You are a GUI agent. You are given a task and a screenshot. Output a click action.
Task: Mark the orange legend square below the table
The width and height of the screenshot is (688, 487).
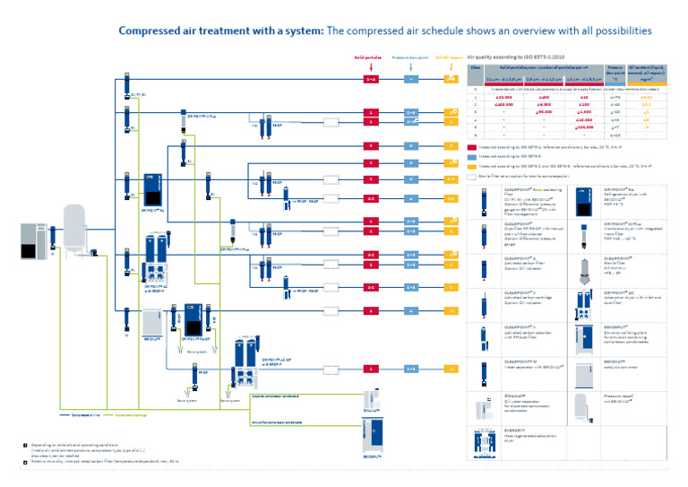pyautogui.click(x=471, y=165)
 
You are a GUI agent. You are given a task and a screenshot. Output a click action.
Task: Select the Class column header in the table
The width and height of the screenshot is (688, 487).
pyautogui.click(x=476, y=67)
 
